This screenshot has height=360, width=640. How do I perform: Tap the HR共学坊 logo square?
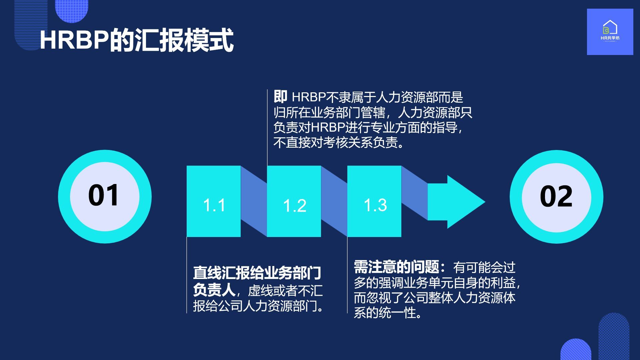click(610, 32)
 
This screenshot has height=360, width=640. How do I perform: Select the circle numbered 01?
click(105, 197)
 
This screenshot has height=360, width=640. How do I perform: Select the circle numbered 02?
click(556, 197)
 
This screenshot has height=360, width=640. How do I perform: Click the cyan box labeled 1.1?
click(214, 201)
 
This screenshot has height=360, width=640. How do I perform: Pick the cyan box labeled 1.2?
click(294, 201)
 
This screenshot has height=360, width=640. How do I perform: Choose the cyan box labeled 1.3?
click(374, 201)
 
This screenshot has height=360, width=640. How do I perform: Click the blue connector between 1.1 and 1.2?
click(254, 201)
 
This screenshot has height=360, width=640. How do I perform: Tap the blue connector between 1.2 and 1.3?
click(334, 201)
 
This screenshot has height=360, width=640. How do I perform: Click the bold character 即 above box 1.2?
click(280, 97)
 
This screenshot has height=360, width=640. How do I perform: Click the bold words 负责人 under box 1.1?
click(214, 290)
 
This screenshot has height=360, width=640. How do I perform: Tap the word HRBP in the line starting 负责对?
click(328, 128)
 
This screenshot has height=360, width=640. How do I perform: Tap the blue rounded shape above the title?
click(71, 10)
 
